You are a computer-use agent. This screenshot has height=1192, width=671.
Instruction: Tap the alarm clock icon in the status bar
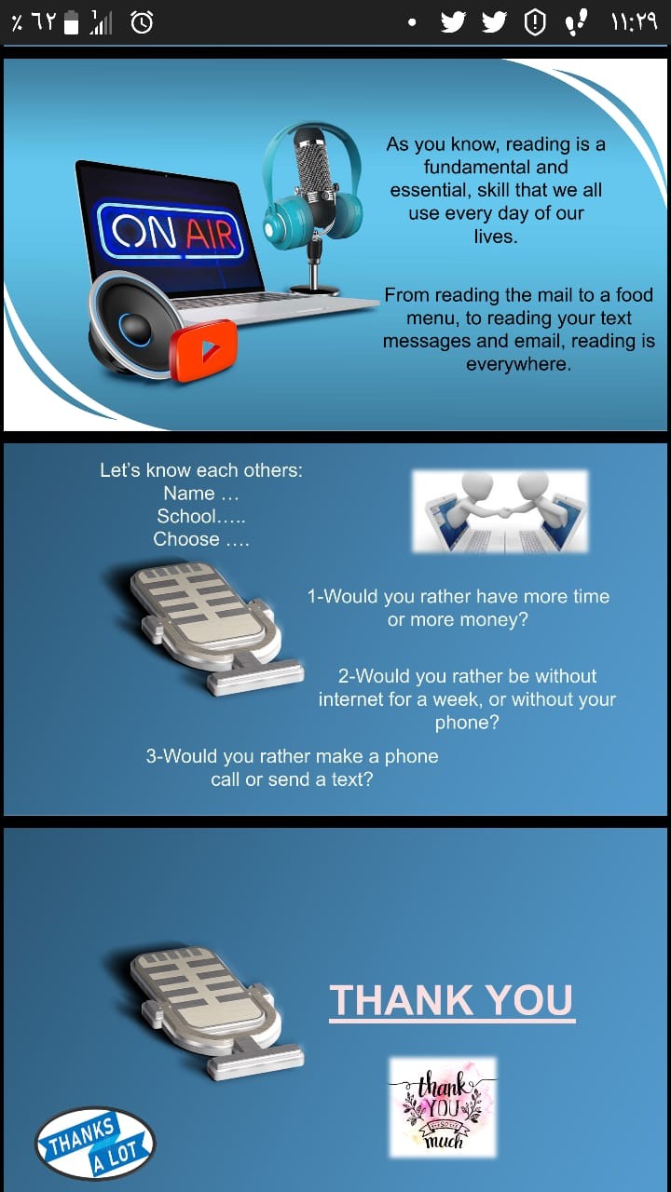142,23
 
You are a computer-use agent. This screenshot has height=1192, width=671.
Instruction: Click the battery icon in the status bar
72,23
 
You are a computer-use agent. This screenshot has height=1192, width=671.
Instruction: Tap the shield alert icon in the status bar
535,23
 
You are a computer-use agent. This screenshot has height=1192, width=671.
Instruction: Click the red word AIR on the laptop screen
211,235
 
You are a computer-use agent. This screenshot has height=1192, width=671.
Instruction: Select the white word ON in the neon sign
144,232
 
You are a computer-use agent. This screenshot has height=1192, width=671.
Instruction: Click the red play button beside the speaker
203,351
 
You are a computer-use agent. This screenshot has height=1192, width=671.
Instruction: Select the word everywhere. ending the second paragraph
519,364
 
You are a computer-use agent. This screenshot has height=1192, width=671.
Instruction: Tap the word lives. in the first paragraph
496,236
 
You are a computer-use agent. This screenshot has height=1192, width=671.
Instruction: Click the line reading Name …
201,494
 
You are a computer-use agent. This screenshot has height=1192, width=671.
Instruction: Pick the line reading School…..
201,516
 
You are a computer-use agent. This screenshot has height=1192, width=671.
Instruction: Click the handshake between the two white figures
502,513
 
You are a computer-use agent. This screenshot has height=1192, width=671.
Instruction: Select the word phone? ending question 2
467,723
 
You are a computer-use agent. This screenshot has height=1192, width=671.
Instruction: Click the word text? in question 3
352,779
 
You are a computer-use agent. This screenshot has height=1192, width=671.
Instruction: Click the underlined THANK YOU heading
452,1001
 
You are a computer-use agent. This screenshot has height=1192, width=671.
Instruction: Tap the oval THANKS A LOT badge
95,1143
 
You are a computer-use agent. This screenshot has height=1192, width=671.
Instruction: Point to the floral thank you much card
443,1107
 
